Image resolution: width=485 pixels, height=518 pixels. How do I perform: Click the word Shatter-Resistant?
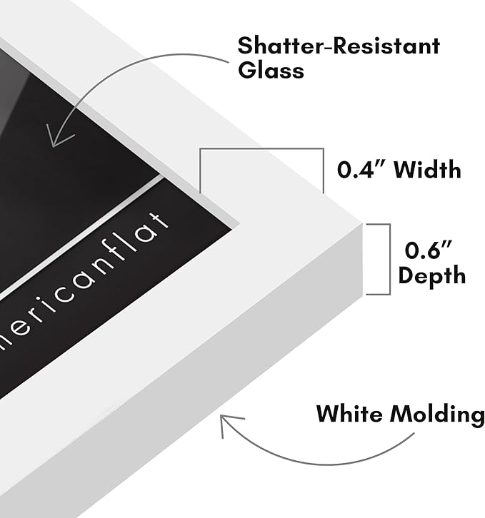click(339, 46)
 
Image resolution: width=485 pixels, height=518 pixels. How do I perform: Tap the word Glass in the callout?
click(271, 70)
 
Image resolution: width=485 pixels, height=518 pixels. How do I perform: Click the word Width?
click(427, 170)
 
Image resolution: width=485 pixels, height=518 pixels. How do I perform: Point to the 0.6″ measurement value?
click(428, 250)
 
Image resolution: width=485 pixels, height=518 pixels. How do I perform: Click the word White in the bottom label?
click(350, 413)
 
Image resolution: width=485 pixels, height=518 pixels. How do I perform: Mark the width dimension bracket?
click(261, 148)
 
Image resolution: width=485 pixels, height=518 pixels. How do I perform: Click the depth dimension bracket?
click(390, 259)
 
